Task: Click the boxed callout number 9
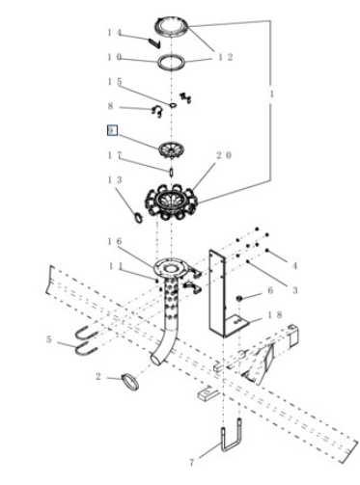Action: [112, 130]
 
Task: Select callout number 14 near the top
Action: [114, 33]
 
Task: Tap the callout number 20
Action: [224, 155]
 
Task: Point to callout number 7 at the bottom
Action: [192, 463]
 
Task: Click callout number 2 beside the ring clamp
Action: [98, 376]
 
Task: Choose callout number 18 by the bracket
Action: [275, 315]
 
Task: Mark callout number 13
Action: [115, 179]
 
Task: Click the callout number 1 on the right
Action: [271, 94]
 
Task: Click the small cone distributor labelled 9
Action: [172, 149]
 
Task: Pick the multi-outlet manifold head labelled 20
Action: [171, 202]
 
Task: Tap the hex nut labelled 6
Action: [239, 299]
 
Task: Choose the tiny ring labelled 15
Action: [173, 105]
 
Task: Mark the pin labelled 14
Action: [154, 43]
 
